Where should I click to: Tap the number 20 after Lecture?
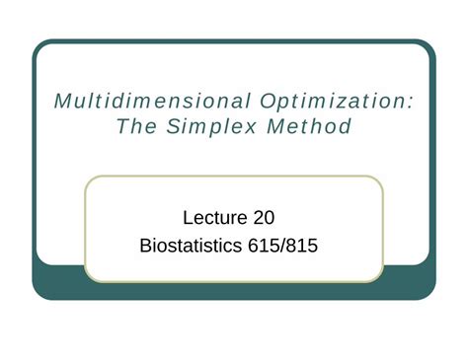(271, 215)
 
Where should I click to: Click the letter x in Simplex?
(253, 128)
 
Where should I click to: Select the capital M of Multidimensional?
(61, 102)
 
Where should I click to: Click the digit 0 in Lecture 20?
(277, 215)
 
